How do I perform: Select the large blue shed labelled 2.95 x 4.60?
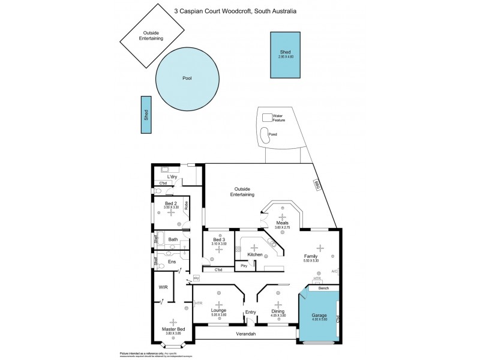[x=285, y=55]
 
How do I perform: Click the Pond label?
[x=273, y=134]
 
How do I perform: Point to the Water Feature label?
[x=278, y=118]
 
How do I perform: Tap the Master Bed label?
[x=173, y=329]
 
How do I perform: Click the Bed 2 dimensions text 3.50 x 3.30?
[x=172, y=208]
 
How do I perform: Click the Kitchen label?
[x=255, y=254]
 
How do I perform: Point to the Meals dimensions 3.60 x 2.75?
[x=282, y=227]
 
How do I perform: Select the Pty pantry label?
[x=244, y=265]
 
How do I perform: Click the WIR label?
[x=163, y=287]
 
